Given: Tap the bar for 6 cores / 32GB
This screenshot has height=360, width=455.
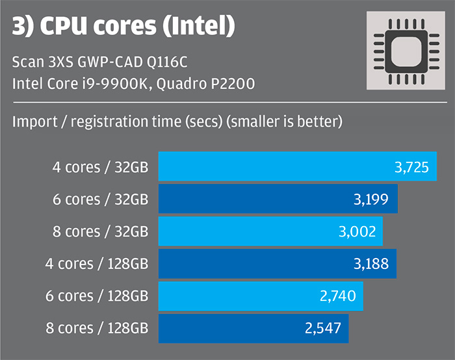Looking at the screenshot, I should point(278,199).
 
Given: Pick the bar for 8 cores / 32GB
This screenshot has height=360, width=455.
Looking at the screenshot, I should point(270,231).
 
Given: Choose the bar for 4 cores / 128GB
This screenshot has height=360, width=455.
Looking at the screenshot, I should point(278,263).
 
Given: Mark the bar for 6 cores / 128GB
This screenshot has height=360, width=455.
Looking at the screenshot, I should point(261,296).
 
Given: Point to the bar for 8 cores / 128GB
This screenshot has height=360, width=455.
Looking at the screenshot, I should point(253,328).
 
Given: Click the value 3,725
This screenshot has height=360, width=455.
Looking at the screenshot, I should point(411,168).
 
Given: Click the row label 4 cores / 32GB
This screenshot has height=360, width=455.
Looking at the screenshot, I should point(101,167).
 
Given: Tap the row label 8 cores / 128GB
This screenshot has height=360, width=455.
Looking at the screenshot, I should point(97,328).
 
